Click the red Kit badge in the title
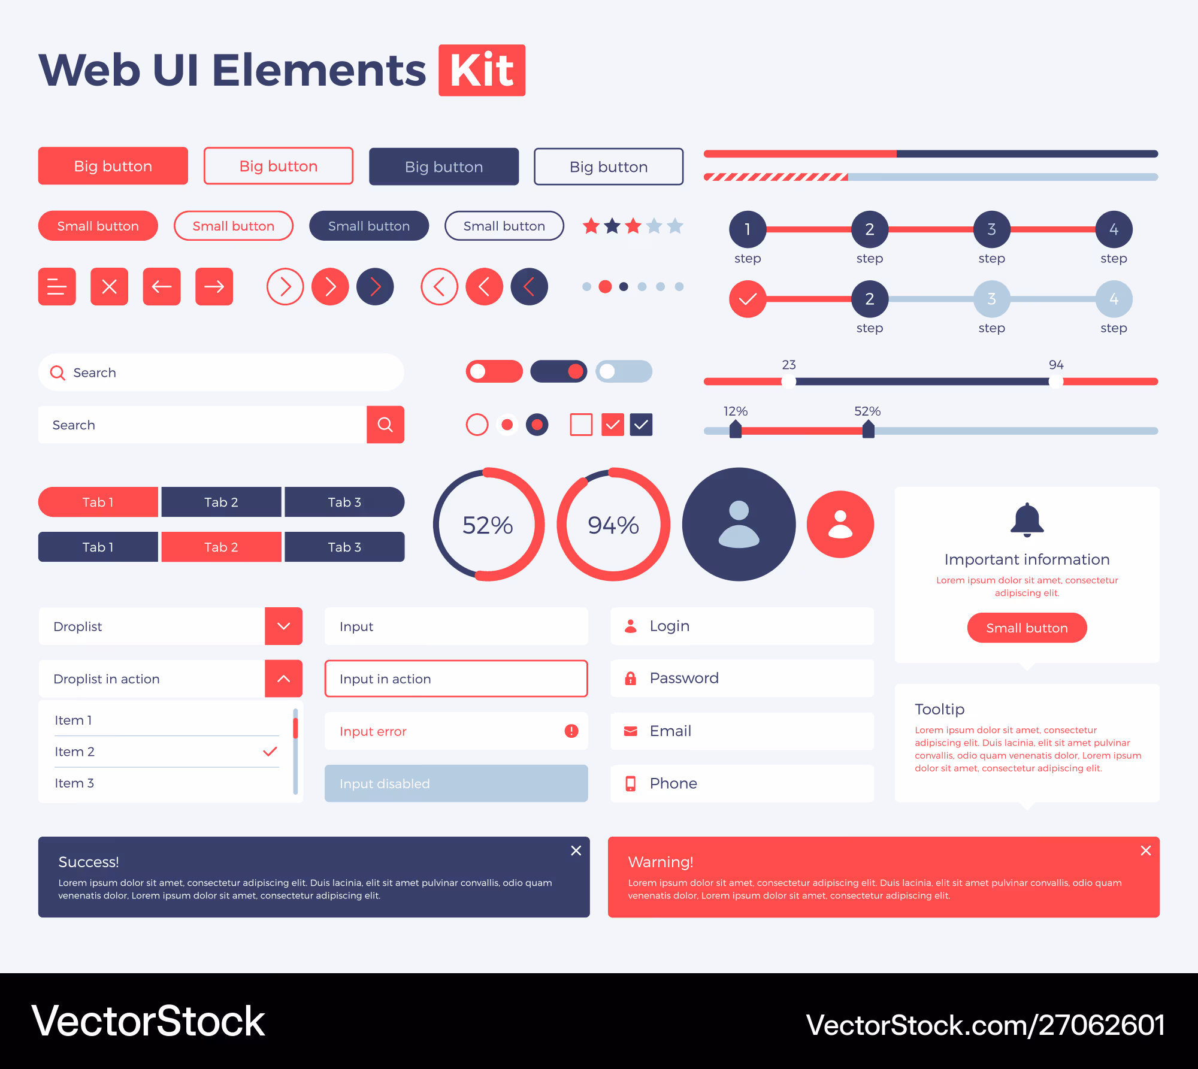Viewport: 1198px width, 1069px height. (482, 70)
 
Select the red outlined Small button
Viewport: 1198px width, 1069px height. (233, 226)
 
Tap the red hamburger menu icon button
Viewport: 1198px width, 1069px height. (57, 286)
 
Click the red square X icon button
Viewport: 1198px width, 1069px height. (109, 286)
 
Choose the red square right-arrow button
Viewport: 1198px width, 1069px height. (214, 286)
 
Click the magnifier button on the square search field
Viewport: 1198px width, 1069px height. (385, 425)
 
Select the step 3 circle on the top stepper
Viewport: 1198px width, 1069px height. (991, 229)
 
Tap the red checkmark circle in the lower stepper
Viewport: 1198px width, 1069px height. (748, 298)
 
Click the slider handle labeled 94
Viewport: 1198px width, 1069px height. (1056, 381)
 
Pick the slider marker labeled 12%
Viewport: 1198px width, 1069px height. (736, 429)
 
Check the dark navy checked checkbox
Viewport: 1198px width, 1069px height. (641, 425)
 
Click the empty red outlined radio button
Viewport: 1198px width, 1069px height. (477, 425)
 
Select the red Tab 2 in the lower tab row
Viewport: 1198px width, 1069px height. (221, 547)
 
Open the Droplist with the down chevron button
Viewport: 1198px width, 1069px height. (283, 626)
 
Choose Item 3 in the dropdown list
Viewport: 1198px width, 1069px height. (74, 783)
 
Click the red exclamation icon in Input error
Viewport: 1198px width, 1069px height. (571, 731)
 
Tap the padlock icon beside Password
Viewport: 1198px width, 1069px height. (630, 678)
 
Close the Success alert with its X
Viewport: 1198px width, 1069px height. (576, 850)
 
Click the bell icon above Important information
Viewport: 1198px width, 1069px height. (1027, 519)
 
